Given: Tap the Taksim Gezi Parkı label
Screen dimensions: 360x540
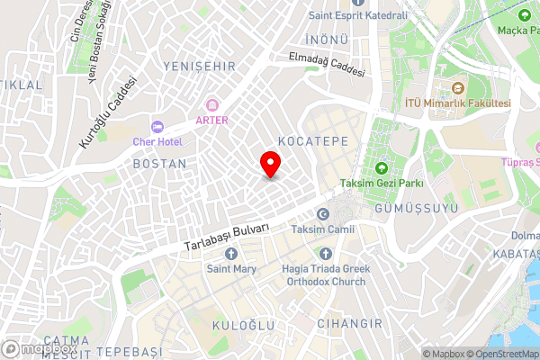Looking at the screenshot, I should (382, 184).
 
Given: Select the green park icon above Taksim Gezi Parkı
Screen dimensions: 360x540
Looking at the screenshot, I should (381, 168).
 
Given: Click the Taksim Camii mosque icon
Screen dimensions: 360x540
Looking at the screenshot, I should (322, 213).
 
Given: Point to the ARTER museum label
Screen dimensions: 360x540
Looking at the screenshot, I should (212, 121).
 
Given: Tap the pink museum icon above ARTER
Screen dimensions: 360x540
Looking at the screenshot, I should (212, 105).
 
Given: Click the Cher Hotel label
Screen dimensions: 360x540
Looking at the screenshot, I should (158, 142).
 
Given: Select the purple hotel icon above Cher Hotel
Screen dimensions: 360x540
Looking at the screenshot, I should (158, 127).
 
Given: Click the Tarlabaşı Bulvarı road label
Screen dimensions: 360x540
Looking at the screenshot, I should (227, 238).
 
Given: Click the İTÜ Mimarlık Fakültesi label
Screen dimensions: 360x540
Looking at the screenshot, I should (457, 103).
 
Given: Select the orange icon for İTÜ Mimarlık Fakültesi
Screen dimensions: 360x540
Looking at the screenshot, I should (457, 88).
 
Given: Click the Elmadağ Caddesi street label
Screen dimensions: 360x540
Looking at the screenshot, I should (326, 64).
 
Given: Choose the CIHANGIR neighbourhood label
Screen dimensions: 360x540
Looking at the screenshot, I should (349, 322).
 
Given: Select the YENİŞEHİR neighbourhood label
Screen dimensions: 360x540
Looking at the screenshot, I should (200, 67).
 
